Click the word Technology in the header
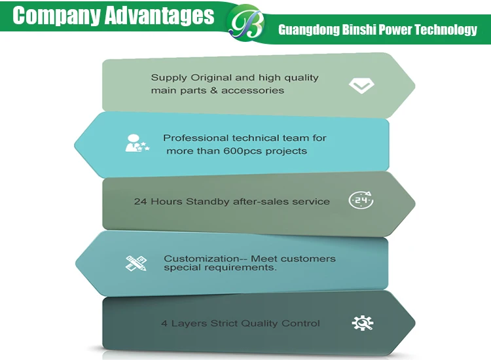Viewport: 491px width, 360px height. click(447, 29)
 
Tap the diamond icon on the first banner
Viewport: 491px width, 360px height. click(361, 86)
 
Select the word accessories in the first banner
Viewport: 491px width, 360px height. click(253, 90)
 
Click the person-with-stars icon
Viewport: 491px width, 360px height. click(136, 143)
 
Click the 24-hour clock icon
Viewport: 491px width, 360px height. click(361, 200)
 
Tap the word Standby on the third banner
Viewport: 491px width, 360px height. click(208, 202)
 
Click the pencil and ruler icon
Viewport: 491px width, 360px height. click(136, 263)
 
